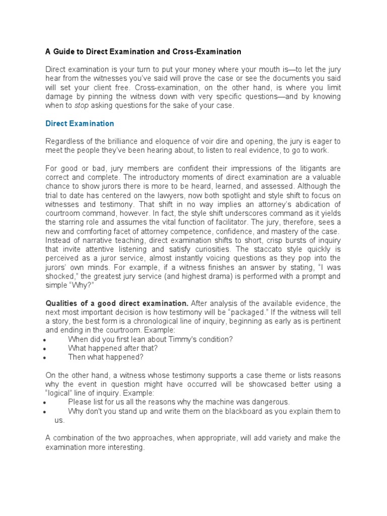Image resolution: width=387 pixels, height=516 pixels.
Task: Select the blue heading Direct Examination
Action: [80, 123]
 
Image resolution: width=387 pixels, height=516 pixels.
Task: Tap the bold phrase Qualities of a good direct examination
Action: [117, 303]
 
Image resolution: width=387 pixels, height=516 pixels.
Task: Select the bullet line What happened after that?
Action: [113, 348]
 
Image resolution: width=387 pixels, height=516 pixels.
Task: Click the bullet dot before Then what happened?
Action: [46, 358]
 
